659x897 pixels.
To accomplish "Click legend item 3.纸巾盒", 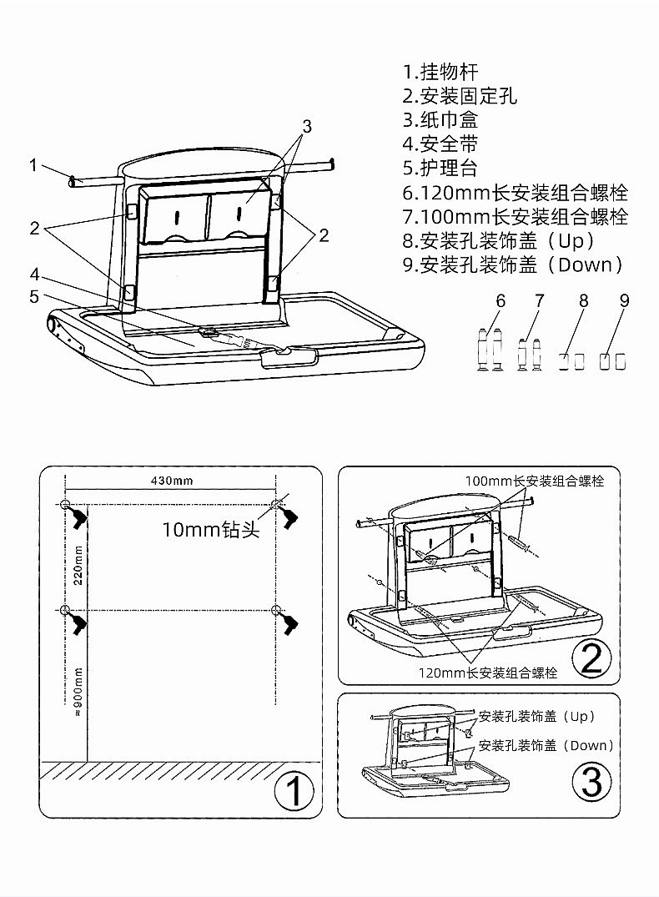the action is [440, 120].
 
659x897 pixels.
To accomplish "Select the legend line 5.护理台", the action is [440, 169].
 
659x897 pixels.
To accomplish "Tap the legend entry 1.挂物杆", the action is [440, 72].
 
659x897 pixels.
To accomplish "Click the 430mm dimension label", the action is [172, 481].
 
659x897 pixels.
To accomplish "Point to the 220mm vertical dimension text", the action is [78, 565].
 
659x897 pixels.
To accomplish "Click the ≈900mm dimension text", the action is [78, 692].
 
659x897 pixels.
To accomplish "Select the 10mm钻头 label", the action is [211, 529].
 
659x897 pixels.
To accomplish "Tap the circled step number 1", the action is [294, 791].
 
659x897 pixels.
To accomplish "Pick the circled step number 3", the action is [591, 782].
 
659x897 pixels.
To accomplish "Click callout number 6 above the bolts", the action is [501, 300].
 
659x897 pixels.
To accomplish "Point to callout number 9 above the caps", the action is [624, 300].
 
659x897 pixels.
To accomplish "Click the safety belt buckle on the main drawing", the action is [209, 331].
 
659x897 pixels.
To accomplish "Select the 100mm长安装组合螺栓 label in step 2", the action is [535, 481].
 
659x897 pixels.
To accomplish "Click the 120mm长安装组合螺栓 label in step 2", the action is [488, 673].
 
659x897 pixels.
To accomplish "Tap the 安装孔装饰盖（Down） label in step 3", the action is [546, 745].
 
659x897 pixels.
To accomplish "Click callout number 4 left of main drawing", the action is [35, 275].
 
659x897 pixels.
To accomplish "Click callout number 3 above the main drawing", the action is [307, 127].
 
